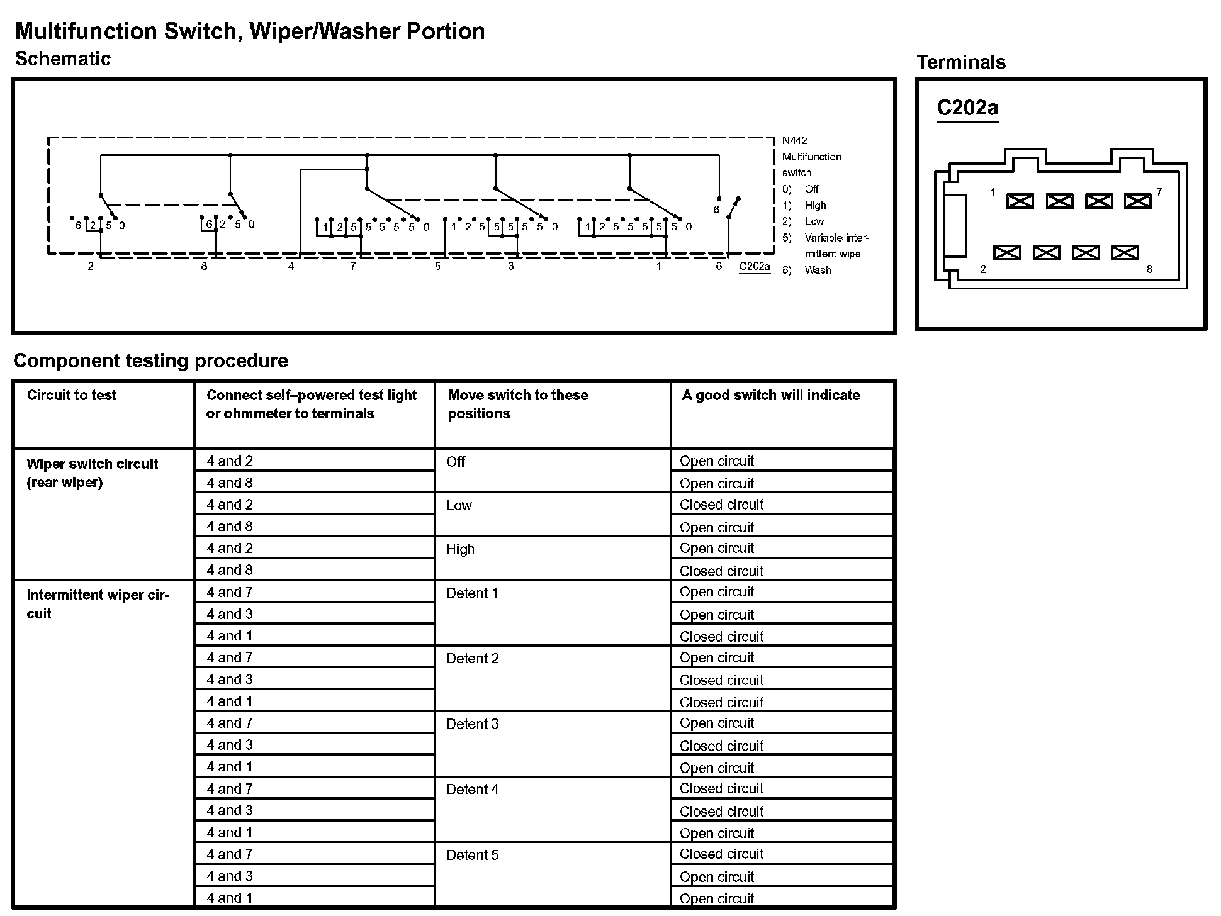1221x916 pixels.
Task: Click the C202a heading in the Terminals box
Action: coord(967,108)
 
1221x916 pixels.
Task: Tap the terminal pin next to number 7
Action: coord(1137,201)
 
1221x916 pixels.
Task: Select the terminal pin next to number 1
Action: coord(1020,201)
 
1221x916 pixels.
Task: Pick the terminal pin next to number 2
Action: coord(1006,253)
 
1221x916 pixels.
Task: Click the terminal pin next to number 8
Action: coord(1124,253)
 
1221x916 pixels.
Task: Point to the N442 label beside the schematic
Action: coord(794,141)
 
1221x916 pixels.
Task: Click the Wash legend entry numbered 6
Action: coord(817,270)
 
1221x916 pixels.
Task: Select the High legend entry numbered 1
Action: coord(814,206)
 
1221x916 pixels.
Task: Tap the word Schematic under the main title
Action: coord(63,59)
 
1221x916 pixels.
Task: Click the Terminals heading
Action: coord(961,62)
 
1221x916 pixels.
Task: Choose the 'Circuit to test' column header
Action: coord(72,395)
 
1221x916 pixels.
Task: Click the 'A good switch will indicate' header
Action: coord(770,395)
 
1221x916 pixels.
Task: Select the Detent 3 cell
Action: coord(472,724)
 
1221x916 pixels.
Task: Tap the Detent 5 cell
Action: coord(472,856)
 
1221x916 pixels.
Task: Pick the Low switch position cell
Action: coord(459,506)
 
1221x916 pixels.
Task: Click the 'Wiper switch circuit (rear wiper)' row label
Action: coord(92,473)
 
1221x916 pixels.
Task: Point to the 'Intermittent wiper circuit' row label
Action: coord(98,604)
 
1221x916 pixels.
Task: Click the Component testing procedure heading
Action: coord(151,361)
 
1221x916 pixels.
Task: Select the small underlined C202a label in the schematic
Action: coord(754,267)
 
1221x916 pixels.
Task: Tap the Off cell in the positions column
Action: coord(456,462)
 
